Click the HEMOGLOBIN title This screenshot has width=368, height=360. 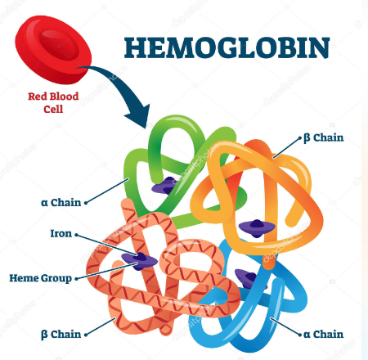pyautogui.click(x=227, y=47)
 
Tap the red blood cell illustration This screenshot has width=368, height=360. pyautogui.click(x=53, y=50)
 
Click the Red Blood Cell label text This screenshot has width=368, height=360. pyautogui.click(x=53, y=102)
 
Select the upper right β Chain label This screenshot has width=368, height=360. pyautogui.click(x=324, y=137)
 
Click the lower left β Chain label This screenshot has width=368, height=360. pyautogui.click(x=61, y=335)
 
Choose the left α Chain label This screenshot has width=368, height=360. pyautogui.click(x=61, y=203)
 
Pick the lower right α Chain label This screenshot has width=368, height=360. pyautogui.click(x=323, y=334)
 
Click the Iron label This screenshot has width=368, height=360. pyautogui.click(x=61, y=233)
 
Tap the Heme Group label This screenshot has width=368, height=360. pyautogui.click(x=41, y=278)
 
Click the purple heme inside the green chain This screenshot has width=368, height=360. pyautogui.click(x=163, y=186)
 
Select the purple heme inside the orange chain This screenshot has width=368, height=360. pyautogui.click(x=257, y=227)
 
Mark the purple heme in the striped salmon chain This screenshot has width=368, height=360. pyautogui.click(x=139, y=261)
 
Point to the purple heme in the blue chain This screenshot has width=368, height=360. pyautogui.click(x=247, y=278)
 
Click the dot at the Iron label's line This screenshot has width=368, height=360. pyautogui.click(x=76, y=235)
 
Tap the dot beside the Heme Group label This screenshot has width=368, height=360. pyautogui.click(x=76, y=279)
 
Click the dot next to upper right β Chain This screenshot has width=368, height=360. pyautogui.click(x=300, y=138)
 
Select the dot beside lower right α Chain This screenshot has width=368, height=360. pyautogui.click(x=300, y=335)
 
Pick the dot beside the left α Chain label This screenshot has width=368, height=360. pyautogui.click(x=86, y=203)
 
